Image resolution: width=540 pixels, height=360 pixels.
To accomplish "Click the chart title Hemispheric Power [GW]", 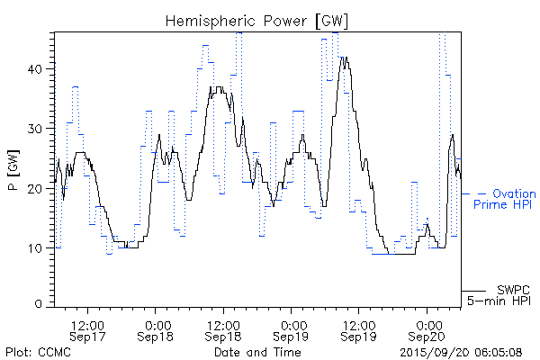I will point(257,20).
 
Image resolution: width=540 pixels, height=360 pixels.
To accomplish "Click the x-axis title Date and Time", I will point(257,351).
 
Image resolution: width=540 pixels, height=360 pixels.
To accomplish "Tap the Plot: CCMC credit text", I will point(38,351).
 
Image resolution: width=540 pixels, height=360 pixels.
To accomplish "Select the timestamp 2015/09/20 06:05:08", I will point(462,351).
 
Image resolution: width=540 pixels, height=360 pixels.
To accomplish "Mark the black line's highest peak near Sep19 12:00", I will point(343,58).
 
